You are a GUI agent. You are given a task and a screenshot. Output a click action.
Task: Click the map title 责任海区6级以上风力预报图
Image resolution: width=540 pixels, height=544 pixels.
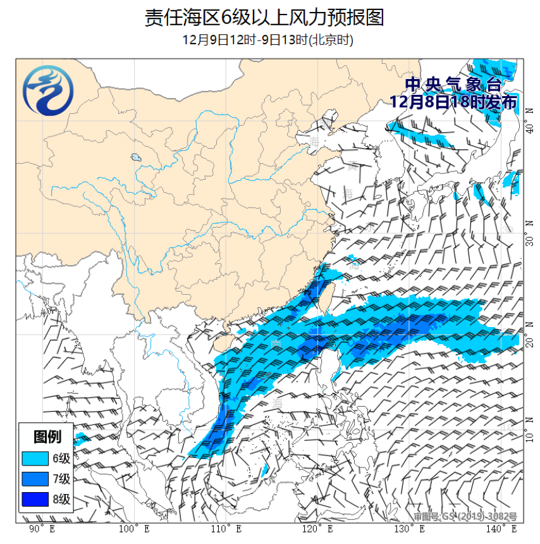point(264,18)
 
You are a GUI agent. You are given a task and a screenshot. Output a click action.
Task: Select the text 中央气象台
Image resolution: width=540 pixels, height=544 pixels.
point(453,85)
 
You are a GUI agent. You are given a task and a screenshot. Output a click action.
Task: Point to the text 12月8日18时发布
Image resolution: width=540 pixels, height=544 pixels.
point(453,101)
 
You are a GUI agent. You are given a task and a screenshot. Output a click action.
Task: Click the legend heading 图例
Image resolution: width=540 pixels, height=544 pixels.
point(46,437)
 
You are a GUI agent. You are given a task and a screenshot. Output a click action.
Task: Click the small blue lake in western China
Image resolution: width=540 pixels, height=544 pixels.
point(135,157)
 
